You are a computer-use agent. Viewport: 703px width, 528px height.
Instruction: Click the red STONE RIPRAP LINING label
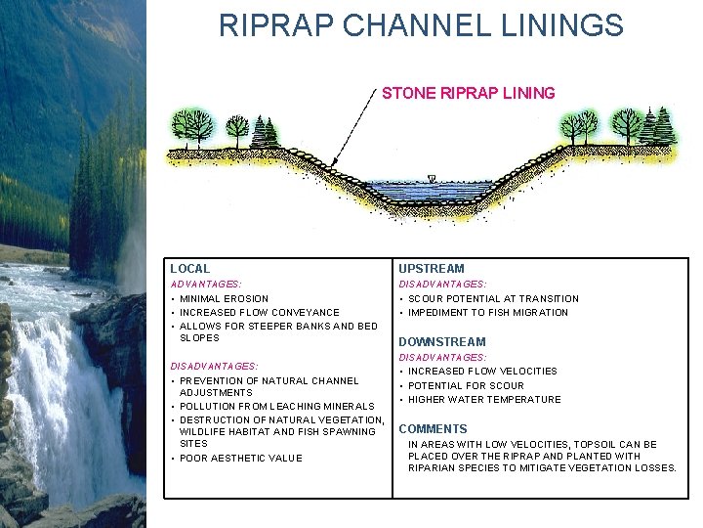[x=469, y=94]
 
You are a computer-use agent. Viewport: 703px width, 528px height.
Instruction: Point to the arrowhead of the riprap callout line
[x=333, y=163]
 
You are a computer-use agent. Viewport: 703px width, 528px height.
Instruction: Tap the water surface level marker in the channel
[x=431, y=179]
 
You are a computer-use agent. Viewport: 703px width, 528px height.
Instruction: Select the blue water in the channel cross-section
[x=430, y=191]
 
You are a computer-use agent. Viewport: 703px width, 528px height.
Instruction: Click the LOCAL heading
[x=189, y=268]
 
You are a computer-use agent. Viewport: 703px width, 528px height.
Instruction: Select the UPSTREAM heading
[x=432, y=268]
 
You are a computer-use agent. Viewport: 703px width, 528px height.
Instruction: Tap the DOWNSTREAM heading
[x=441, y=341]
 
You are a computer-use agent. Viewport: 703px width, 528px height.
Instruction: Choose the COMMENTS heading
[x=433, y=428]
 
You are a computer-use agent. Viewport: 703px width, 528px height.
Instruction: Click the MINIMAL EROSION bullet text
[x=224, y=298]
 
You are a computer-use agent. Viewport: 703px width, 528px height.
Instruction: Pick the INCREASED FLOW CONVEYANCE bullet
[x=259, y=312]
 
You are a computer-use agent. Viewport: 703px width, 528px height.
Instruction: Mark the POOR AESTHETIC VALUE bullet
[x=240, y=458]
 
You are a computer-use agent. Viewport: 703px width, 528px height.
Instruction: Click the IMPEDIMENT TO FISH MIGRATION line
[x=487, y=312]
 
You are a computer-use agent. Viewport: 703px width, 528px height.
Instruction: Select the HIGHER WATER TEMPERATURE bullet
[x=484, y=399]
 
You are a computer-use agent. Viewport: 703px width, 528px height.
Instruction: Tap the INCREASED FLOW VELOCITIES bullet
[x=482, y=371]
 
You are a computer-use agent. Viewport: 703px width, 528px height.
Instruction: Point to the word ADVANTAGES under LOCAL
[x=204, y=284]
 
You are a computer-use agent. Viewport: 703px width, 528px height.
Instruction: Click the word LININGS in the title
[x=568, y=25]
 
